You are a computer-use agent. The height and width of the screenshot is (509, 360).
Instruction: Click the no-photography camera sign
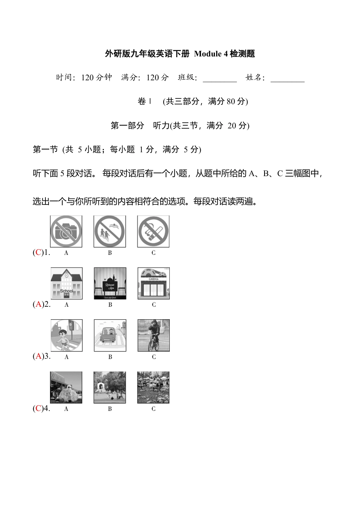(x=66, y=231)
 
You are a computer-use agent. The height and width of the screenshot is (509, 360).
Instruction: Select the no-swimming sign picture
(x=110, y=231)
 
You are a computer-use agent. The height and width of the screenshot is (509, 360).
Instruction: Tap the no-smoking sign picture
(x=153, y=231)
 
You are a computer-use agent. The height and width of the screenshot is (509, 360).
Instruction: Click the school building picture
(x=66, y=283)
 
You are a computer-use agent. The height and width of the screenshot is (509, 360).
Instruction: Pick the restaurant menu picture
(x=110, y=283)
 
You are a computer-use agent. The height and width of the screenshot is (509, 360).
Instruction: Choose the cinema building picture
(x=153, y=283)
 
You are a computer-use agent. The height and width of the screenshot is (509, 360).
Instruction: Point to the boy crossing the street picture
(x=66, y=335)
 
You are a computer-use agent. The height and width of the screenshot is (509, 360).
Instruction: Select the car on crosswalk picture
(x=110, y=335)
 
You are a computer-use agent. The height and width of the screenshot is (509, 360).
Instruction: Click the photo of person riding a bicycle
(x=153, y=335)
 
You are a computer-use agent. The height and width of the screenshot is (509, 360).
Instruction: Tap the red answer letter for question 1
(x=38, y=253)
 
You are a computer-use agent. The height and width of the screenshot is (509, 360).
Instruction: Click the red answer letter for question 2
(x=38, y=304)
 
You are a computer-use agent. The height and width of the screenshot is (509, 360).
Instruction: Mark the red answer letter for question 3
(x=38, y=356)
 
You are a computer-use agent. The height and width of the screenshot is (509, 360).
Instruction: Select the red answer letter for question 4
(x=38, y=409)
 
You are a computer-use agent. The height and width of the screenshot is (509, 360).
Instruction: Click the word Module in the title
(x=208, y=54)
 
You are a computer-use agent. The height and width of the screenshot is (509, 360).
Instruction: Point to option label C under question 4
(x=153, y=409)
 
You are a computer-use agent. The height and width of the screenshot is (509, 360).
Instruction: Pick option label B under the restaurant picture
(x=110, y=305)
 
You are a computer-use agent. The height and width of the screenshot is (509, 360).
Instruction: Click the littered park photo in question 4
(x=153, y=387)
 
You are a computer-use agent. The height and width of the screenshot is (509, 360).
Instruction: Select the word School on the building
(x=66, y=291)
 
